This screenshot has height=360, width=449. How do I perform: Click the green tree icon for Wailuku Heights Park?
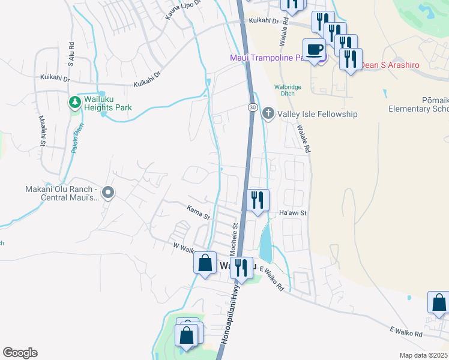coord(75,103)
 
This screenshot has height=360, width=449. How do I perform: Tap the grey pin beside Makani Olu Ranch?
coord(108,192)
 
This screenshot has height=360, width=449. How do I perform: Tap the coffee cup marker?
coord(315,49)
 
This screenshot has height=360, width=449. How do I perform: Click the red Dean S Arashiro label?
coord(390,64)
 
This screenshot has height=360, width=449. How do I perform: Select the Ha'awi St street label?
coord(293,213)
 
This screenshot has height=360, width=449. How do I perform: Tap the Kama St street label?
coord(197,211)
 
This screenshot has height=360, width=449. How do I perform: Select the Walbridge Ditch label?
coord(288,90)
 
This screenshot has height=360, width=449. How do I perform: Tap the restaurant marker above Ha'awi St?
coord(258,200)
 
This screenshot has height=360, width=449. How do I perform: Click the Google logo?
coord(20,353)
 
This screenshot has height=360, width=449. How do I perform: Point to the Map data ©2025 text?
coord(423,355)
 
